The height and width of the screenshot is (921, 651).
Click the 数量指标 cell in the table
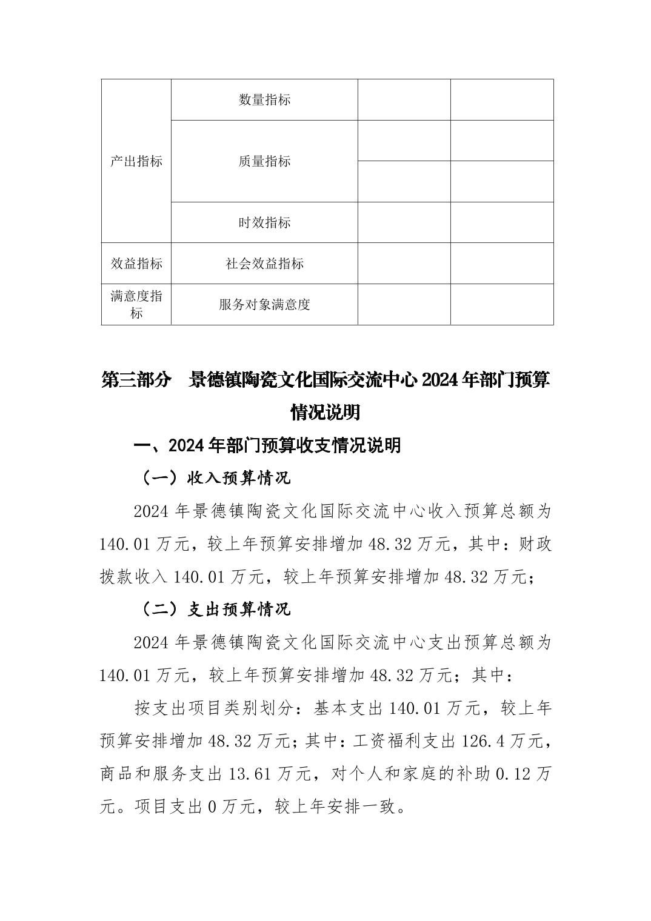tap(264, 100)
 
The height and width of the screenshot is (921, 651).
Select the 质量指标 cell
tap(264, 161)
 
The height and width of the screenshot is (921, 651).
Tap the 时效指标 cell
tap(264, 223)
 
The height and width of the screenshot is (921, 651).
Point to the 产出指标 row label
tap(136, 161)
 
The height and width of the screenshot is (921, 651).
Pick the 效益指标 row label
tap(136, 264)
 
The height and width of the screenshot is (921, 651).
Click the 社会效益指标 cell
tap(264, 264)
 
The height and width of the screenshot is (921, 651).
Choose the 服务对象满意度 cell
tap(264, 305)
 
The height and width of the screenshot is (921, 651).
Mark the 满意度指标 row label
tap(136, 305)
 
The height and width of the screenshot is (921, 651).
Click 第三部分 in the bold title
tap(135, 381)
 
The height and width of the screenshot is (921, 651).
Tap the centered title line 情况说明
tap(326, 413)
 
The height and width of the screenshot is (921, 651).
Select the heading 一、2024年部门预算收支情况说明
tap(267, 445)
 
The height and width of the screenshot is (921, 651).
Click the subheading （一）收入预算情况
tap(216, 478)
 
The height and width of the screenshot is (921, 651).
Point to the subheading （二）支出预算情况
tap(216, 609)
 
